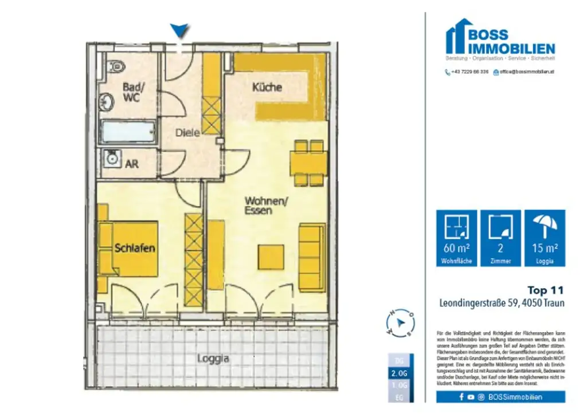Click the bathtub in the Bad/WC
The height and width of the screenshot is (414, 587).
128,132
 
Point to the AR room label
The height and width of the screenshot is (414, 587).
131,163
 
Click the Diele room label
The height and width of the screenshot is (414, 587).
187,132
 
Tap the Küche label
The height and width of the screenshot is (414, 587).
267,88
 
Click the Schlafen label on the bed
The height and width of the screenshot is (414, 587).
135,248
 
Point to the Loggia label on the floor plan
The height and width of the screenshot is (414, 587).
213,359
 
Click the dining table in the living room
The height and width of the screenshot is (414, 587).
308,164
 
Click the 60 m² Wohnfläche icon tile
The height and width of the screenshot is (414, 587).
456,238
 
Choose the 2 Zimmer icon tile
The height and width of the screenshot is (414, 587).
500,238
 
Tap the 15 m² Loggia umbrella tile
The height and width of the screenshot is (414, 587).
545,238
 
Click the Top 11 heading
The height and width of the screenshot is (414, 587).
545,290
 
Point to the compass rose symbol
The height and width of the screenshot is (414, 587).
400,323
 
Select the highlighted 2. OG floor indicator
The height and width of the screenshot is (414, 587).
400,373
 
